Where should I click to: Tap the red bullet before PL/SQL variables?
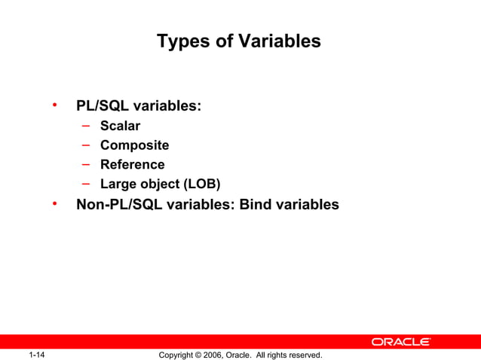[54, 104]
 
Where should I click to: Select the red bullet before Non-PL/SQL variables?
[54, 203]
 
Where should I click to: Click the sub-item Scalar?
[120, 126]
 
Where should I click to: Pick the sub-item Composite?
[134, 145]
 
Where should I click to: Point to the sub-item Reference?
[132, 164]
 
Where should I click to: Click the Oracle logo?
[400, 342]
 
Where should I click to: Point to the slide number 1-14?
[37, 355]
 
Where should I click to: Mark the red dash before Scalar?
[87, 125]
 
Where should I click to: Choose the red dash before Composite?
[87, 144]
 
